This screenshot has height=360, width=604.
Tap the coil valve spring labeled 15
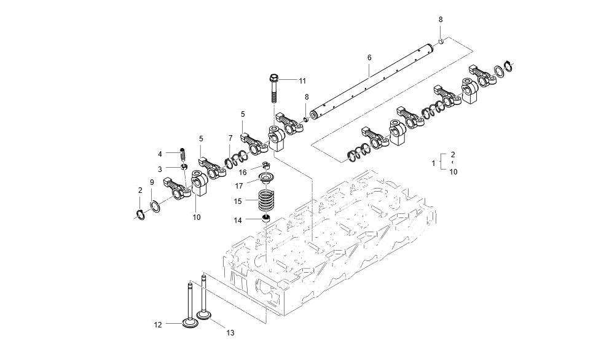tap(265, 200)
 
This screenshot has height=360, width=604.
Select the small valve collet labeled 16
tap(265, 165)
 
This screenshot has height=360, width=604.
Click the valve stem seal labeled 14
tap(266, 219)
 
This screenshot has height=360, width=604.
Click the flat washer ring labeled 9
tap(155, 205)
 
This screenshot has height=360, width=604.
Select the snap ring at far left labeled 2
tap(140, 214)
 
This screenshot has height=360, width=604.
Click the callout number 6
tap(369, 58)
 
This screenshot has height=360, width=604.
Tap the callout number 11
tap(302, 81)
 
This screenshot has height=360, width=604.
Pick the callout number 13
tap(230, 333)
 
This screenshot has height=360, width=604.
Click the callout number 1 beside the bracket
tap(433, 163)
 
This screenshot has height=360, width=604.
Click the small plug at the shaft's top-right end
tap(441, 41)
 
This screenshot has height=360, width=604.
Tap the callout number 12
tap(158, 324)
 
